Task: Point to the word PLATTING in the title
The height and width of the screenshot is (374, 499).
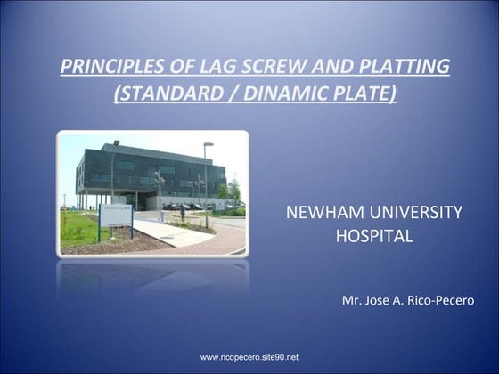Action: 397,67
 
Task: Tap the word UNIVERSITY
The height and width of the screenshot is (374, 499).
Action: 414,213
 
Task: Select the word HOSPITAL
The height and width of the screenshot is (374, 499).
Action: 373,237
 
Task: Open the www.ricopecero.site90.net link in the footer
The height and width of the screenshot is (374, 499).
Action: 249,357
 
